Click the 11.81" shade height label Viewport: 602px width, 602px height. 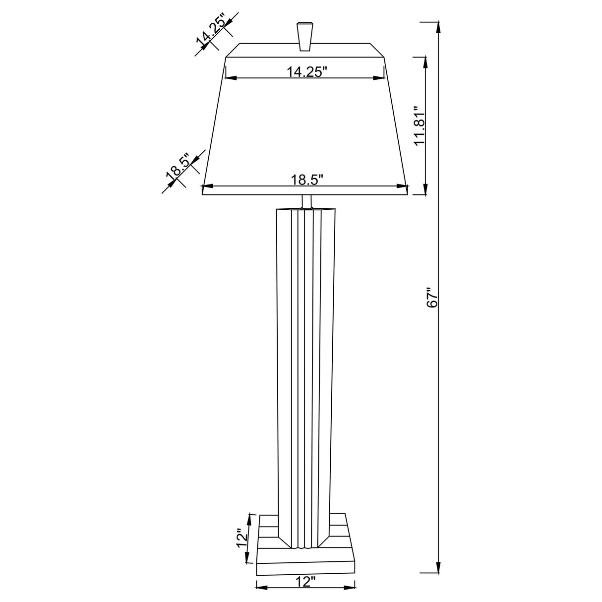tap(420, 126)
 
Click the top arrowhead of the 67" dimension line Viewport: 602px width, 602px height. tap(438, 27)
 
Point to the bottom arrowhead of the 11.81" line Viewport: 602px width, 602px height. tap(425, 190)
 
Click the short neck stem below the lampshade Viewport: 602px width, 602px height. tap(306, 201)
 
